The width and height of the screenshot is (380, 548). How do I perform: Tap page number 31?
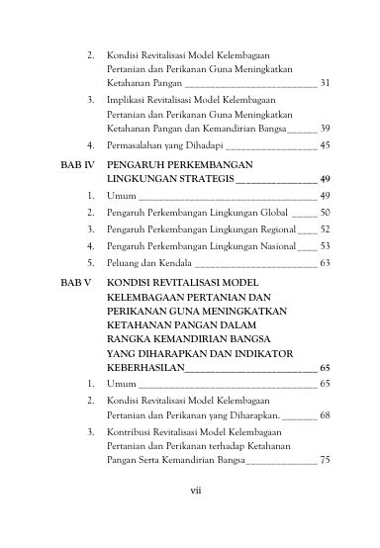click(325, 84)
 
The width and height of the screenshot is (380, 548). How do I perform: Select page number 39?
click(325, 129)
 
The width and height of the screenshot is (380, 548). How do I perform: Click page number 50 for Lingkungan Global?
click(325, 212)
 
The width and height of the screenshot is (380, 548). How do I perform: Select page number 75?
click(325, 459)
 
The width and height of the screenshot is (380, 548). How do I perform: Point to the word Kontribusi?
click(129, 432)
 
